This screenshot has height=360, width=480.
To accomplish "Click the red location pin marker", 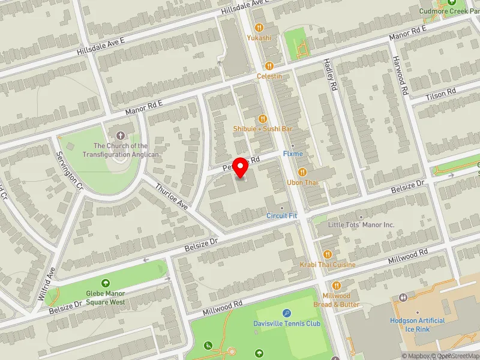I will [x=241, y=168].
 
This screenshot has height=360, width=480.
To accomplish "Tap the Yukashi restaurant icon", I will [x=259, y=27].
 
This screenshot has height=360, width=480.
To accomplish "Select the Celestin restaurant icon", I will [x=269, y=66].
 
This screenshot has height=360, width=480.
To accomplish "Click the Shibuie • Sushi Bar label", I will [x=263, y=129].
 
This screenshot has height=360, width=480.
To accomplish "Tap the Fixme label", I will [x=293, y=154].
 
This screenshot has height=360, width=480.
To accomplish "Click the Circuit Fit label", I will [x=282, y=215].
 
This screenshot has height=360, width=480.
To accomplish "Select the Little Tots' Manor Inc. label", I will [x=361, y=225].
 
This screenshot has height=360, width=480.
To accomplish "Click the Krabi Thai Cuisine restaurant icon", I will [x=328, y=254].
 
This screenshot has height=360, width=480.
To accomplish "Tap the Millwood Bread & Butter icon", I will [x=336, y=286].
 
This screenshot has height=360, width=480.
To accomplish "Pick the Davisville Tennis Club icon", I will [x=287, y=313].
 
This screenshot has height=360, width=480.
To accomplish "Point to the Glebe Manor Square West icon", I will [x=106, y=283].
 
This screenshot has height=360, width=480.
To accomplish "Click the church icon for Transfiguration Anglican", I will [x=121, y=135].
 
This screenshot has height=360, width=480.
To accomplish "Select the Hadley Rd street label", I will [x=330, y=74].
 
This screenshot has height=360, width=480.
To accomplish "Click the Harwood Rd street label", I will [x=401, y=76].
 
